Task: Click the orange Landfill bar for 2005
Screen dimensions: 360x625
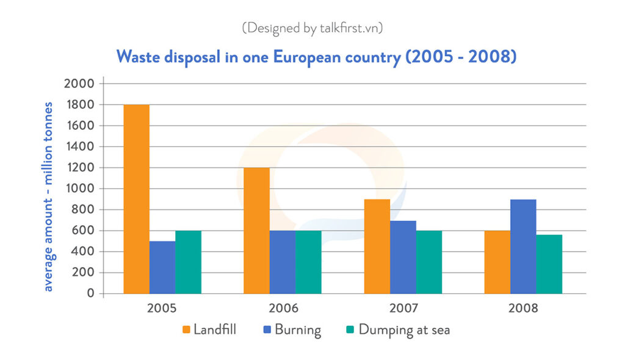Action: (x=136, y=200)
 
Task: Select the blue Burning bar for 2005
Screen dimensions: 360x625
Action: (x=162, y=267)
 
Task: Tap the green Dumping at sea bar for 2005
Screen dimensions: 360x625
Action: (x=188, y=262)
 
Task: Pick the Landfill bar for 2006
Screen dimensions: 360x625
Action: (x=256, y=231)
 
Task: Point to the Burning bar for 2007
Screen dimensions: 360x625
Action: (x=403, y=257)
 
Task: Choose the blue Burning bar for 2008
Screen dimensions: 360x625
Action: (x=523, y=247)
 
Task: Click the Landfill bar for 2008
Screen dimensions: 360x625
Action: (x=497, y=262)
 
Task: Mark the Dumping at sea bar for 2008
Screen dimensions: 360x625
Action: (x=549, y=264)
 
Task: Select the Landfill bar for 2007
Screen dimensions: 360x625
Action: (x=377, y=247)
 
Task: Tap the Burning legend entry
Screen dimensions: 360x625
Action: (x=290, y=330)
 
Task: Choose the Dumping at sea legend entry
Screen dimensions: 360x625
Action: (x=397, y=330)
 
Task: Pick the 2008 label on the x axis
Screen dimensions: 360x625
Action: (x=523, y=308)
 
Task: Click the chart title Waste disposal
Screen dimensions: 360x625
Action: (x=316, y=57)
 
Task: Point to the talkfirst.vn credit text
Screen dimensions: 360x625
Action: (x=312, y=28)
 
